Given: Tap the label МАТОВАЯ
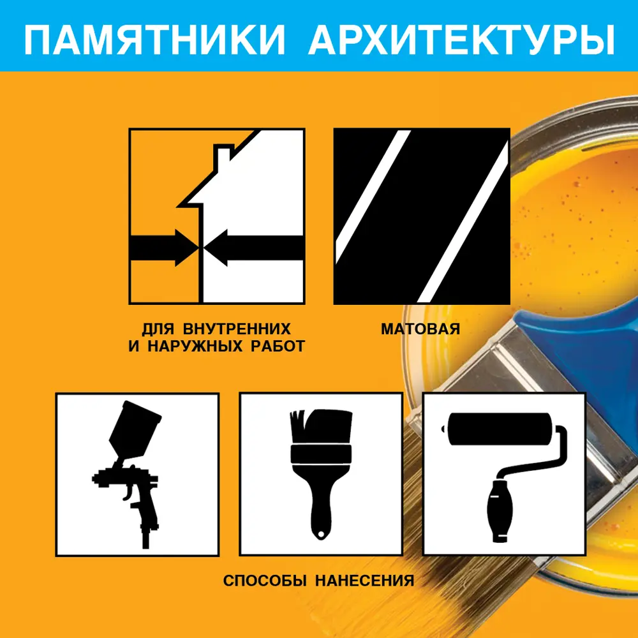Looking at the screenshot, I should [x=420, y=330].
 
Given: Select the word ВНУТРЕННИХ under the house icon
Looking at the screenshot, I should [x=237, y=330].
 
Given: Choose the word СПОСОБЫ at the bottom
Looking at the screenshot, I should [x=260, y=581].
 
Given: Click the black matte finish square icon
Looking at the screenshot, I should [x=422, y=216].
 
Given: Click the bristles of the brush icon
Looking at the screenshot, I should [x=320, y=427].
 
